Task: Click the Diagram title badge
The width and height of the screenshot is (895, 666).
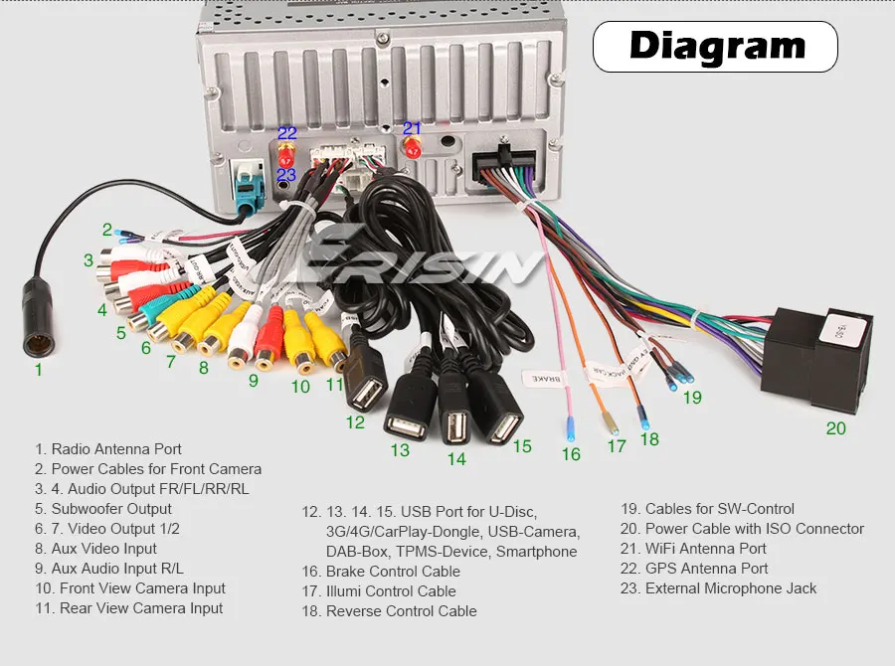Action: pyautogui.click(x=715, y=46)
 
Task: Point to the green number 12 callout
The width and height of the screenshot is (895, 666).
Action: pyautogui.click(x=355, y=421)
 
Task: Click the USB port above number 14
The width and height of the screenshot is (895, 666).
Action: pyautogui.click(x=455, y=424)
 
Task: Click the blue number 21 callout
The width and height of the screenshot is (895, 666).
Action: pyautogui.click(x=412, y=128)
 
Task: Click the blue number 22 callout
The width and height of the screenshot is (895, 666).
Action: pyautogui.click(x=286, y=132)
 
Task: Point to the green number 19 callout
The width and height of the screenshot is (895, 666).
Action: pyautogui.click(x=692, y=398)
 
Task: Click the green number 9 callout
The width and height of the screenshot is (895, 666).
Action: pyautogui.click(x=253, y=380)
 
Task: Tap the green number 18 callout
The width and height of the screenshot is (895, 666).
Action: pyautogui.click(x=649, y=438)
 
